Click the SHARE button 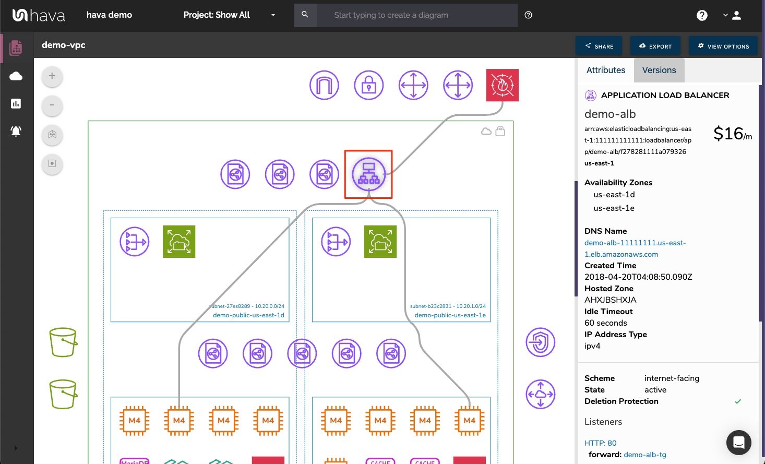click(x=599, y=46)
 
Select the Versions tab click(x=659, y=70)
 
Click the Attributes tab click(x=605, y=70)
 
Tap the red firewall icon click(x=502, y=85)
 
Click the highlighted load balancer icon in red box click(x=368, y=174)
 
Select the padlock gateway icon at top click(x=368, y=85)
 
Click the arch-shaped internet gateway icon click(x=324, y=85)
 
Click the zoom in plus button click(x=52, y=76)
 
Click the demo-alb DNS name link click(x=635, y=248)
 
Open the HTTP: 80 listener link click(x=600, y=443)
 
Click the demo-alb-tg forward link click(x=644, y=455)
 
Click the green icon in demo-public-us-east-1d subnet click(x=179, y=242)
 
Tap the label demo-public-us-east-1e click(x=450, y=315)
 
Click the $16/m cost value click(x=732, y=134)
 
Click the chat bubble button click(x=738, y=443)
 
